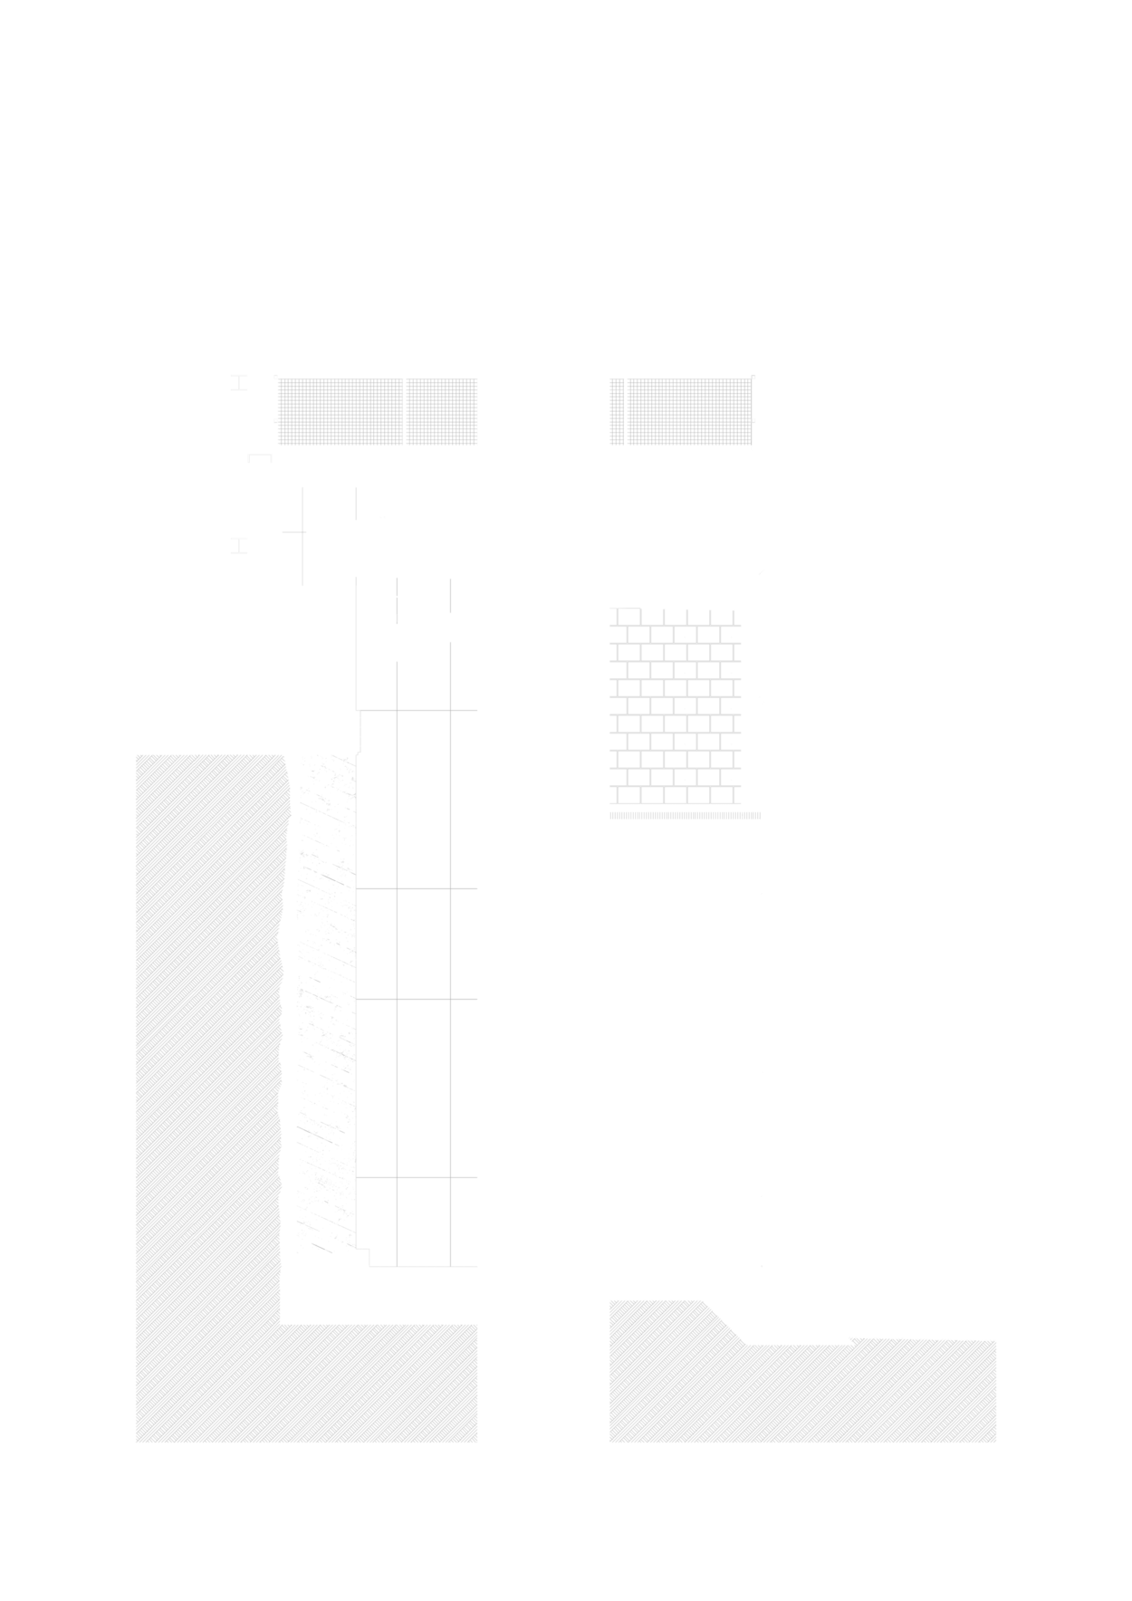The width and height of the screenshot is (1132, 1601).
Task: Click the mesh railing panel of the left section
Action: [x=377, y=412]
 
